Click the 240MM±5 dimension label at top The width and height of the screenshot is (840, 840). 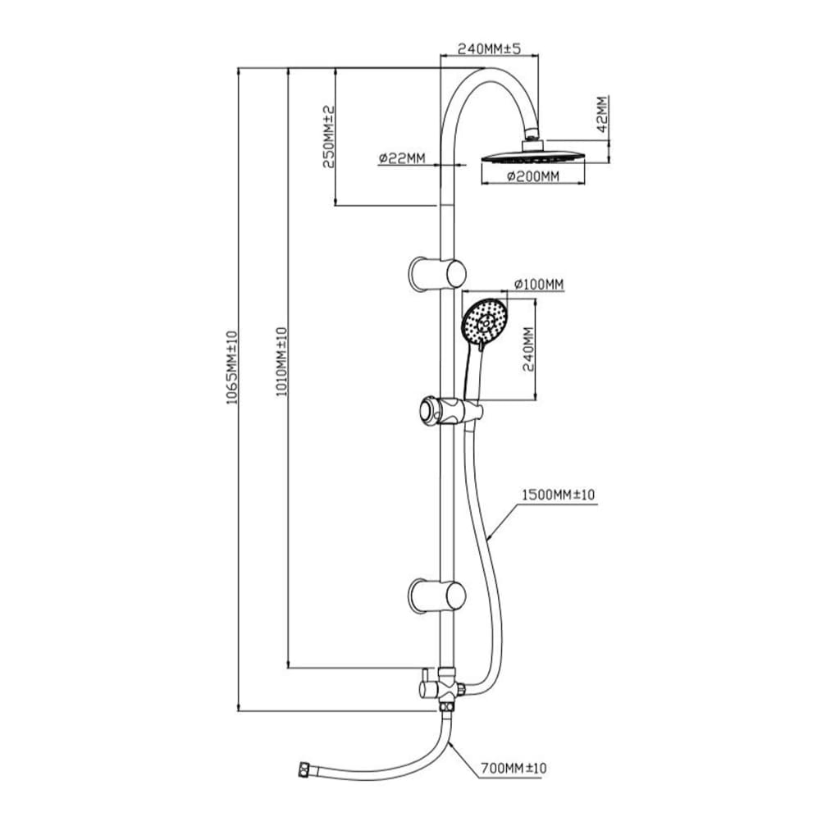pyautogui.click(x=489, y=48)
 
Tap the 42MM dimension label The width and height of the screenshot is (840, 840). pyautogui.click(x=601, y=114)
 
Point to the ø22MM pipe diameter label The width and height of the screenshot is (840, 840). pyautogui.click(x=402, y=159)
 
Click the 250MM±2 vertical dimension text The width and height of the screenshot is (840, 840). pyautogui.click(x=328, y=136)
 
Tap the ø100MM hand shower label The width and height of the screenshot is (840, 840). pyautogui.click(x=539, y=284)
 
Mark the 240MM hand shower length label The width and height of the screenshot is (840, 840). pyautogui.click(x=528, y=349)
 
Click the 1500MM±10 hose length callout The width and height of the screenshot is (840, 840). pyautogui.click(x=559, y=495)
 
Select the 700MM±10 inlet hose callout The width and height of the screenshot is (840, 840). pyautogui.click(x=514, y=769)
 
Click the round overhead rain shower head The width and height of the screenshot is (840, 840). pyautogui.click(x=534, y=155)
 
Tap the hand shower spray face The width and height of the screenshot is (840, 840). pyautogui.click(x=486, y=322)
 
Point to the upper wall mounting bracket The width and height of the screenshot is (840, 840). pyautogui.click(x=437, y=273)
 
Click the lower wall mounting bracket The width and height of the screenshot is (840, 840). pyautogui.click(x=437, y=595)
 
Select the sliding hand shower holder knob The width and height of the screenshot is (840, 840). pyautogui.click(x=428, y=409)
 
